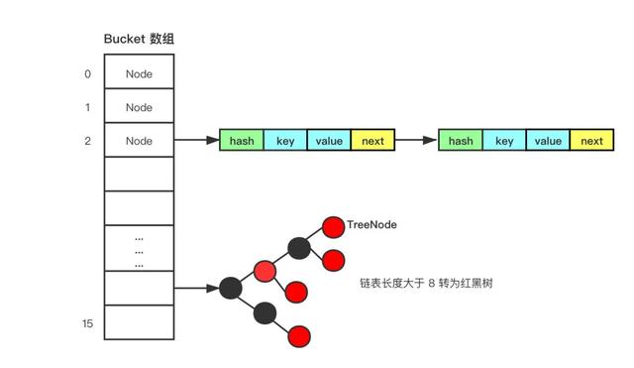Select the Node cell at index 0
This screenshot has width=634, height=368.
(139, 73)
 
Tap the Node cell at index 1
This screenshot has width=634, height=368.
(139, 107)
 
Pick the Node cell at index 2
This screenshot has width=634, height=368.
(139, 141)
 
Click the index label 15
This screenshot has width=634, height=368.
(88, 323)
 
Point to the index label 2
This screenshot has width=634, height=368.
(87, 141)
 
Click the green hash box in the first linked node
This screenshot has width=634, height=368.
(242, 141)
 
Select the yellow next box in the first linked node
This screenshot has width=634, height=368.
(372, 141)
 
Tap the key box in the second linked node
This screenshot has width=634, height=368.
(504, 141)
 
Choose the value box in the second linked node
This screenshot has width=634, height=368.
(548, 141)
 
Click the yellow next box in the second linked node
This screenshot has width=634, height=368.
(591, 141)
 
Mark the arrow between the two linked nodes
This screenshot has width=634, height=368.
(416, 141)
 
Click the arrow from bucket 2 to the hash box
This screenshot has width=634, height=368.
(196, 141)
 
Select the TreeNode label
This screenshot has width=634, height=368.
(371, 225)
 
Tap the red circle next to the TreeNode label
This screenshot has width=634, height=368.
(333, 227)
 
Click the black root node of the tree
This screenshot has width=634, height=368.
(231, 289)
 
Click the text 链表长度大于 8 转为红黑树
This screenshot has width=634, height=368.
(426, 283)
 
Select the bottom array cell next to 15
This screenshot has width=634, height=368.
(139, 322)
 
